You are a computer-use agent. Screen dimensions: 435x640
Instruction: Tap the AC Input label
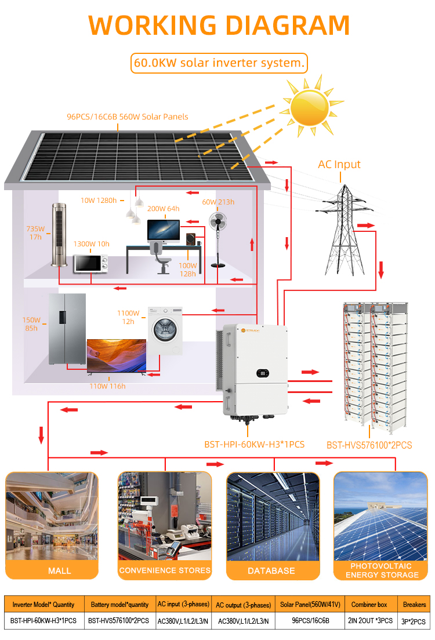click(x=339, y=164)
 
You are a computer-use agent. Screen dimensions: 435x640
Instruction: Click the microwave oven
click(x=90, y=264)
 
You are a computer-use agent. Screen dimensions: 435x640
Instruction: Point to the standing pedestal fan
click(x=217, y=239)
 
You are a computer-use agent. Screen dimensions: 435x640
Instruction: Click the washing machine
click(x=165, y=330)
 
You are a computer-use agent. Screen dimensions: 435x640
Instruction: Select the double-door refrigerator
click(x=67, y=329)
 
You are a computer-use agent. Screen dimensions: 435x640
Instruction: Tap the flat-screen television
click(x=117, y=356)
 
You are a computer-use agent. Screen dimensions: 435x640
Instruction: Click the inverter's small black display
click(x=263, y=373)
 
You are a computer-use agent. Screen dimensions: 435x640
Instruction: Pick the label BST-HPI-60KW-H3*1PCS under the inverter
click(x=255, y=445)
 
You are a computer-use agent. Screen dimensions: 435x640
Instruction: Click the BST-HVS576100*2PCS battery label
click(x=369, y=445)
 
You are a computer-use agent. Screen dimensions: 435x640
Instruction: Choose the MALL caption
click(x=60, y=570)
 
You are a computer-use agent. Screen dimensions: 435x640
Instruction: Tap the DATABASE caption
click(x=271, y=570)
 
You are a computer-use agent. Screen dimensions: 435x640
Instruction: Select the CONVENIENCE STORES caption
click(x=165, y=570)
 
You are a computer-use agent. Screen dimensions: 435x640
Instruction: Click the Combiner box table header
click(x=369, y=605)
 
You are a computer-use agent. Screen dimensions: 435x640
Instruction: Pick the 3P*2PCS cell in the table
click(x=414, y=621)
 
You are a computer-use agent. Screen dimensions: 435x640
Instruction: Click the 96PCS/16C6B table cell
click(x=310, y=621)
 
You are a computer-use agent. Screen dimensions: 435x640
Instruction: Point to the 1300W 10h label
click(x=92, y=243)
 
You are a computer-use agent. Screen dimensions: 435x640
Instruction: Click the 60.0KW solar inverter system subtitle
click(x=219, y=63)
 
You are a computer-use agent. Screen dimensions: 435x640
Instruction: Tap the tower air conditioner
click(x=59, y=235)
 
